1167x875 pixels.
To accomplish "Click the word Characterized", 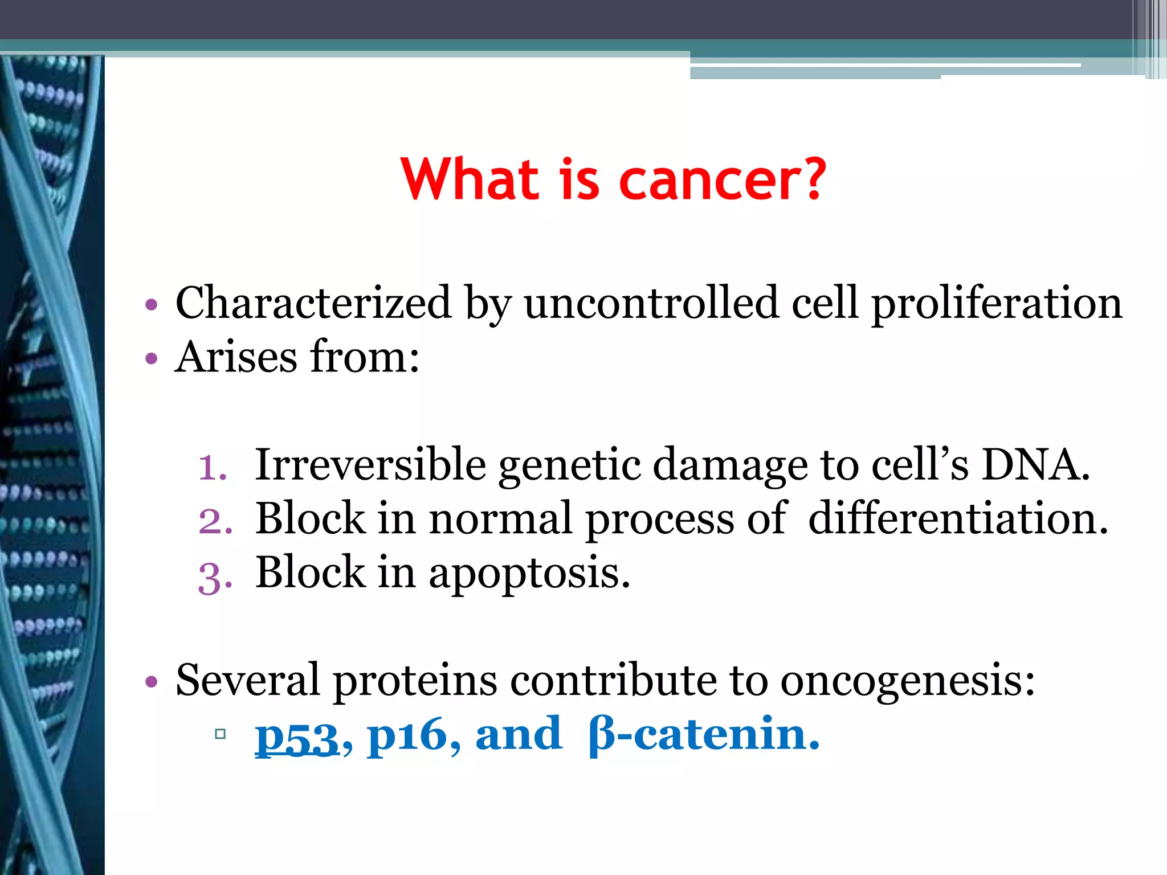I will [313, 303].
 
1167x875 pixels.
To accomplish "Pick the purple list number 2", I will [215, 521].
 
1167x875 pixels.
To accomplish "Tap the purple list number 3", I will [215, 576].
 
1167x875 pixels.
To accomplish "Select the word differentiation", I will [958, 518].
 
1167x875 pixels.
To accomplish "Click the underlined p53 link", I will [297, 737].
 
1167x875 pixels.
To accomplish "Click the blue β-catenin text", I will [703, 734].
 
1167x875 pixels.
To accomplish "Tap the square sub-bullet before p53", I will [221, 734].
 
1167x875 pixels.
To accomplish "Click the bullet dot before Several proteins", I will [151, 681].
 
